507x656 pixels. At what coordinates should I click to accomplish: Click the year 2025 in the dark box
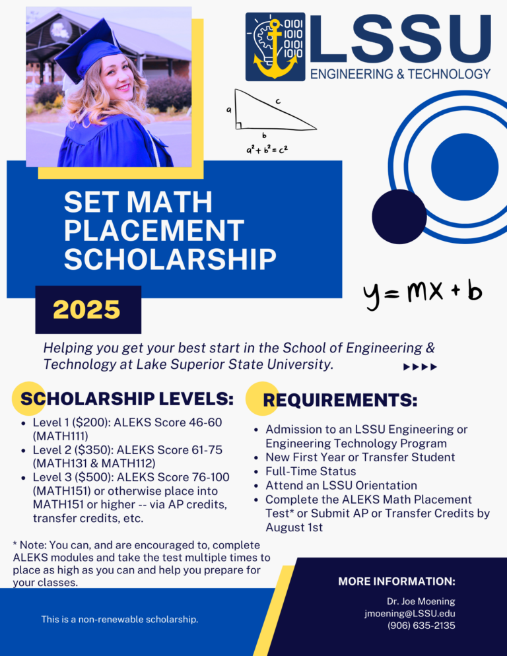(86, 309)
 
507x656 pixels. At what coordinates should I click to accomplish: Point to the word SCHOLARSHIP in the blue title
(170, 259)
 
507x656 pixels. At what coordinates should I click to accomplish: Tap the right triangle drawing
(271, 112)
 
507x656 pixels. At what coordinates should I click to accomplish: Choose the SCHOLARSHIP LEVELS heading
(127, 399)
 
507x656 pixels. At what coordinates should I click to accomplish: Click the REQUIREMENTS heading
(340, 400)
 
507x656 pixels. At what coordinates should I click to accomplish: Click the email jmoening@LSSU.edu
(409, 613)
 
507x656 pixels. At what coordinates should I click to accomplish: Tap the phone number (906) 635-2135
(421, 626)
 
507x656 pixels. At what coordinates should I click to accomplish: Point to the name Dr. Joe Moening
(421, 601)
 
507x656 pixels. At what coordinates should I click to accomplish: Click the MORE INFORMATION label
(396, 581)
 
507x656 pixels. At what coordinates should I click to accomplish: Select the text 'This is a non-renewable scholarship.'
(119, 620)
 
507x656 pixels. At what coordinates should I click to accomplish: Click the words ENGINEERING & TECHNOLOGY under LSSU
(400, 73)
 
